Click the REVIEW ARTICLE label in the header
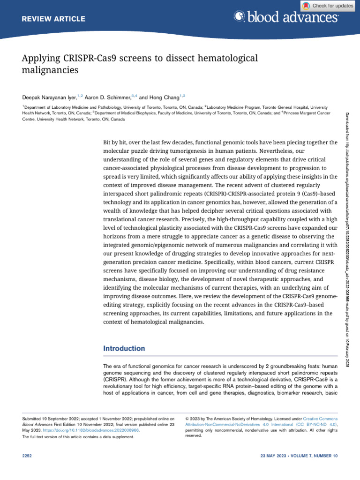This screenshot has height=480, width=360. [x=54, y=19]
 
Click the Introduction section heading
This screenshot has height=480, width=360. [x=124, y=349]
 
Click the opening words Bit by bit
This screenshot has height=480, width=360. [x=115, y=142]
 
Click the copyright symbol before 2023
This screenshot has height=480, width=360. [x=187, y=417]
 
